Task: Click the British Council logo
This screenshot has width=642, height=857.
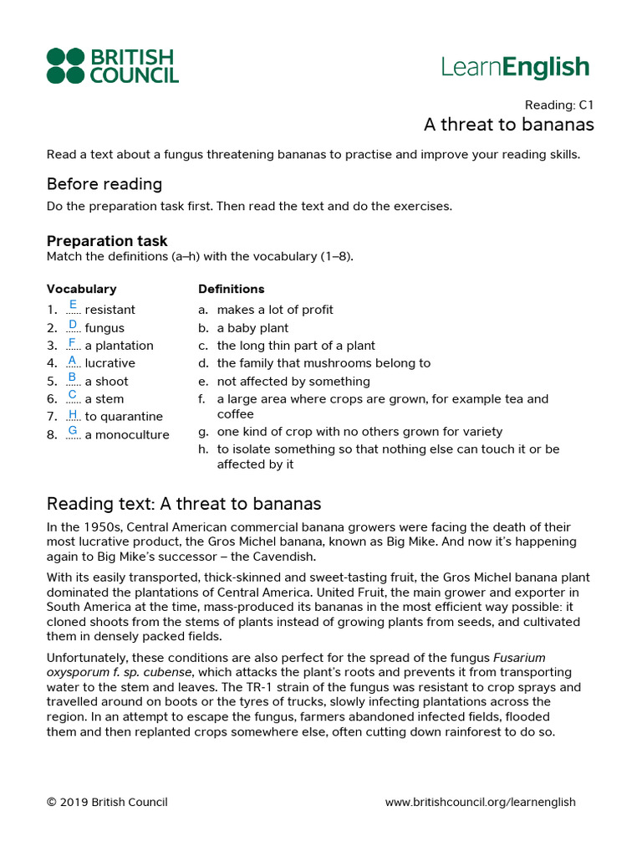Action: [x=112, y=66]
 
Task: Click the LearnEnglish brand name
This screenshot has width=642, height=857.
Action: [x=516, y=67]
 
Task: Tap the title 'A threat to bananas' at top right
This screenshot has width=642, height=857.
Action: [x=508, y=125]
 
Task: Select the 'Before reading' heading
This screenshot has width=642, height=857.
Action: [x=104, y=184]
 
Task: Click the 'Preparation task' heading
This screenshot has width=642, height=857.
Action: [x=107, y=241]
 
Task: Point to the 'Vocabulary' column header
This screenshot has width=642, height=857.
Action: [x=81, y=289]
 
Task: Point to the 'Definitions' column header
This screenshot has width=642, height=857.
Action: [x=231, y=289]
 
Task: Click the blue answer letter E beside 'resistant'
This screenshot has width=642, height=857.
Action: [x=73, y=305]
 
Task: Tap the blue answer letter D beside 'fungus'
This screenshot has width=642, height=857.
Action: [x=73, y=324]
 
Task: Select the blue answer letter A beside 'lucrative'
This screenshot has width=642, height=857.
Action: [x=73, y=359]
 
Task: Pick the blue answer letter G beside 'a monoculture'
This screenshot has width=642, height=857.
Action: [x=73, y=430]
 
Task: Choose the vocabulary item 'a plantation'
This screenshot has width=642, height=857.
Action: [x=119, y=346]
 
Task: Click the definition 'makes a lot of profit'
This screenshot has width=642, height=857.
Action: [x=275, y=310]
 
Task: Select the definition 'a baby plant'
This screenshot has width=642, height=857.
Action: [x=252, y=328]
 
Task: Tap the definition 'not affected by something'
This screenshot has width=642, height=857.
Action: [x=293, y=382]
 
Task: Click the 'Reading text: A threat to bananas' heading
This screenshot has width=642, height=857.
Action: [x=184, y=504]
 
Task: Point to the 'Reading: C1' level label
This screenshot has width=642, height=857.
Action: [x=558, y=105]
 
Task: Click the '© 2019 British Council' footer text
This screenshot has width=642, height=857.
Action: [x=107, y=802]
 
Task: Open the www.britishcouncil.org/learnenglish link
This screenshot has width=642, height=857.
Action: [x=480, y=802]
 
